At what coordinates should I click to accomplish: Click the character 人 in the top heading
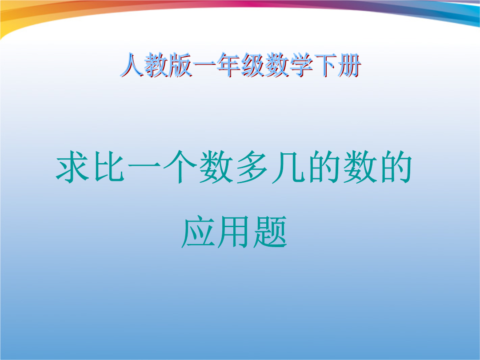(132, 65)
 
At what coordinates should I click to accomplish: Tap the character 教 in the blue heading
(156, 65)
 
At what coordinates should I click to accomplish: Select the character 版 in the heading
(180, 65)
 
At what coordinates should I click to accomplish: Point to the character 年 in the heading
(229, 65)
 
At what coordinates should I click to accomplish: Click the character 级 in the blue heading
(253, 65)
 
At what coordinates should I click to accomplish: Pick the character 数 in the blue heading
(277, 65)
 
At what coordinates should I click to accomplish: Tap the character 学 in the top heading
(301, 65)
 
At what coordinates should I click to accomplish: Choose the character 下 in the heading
(325, 65)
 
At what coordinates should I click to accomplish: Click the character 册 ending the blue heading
(350, 65)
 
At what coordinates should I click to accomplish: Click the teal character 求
(72, 167)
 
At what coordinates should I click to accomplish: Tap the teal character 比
(109, 167)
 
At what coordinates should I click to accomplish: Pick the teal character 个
(180, 167)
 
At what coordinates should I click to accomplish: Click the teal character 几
(288, 167)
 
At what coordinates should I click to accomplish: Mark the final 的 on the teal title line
(396, 167)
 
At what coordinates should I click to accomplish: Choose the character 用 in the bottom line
(234, 232)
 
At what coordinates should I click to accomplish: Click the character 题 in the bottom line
(270, 232)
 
